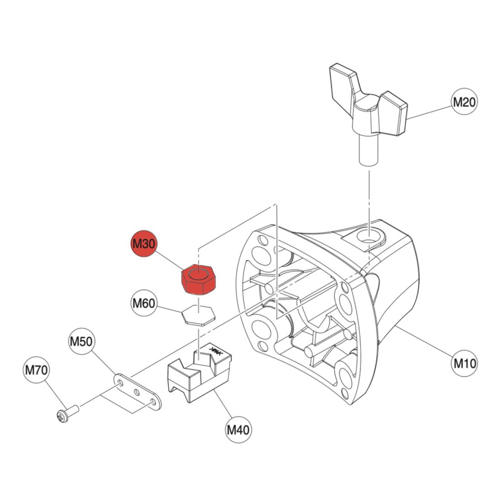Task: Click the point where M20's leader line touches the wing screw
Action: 407,119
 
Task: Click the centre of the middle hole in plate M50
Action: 137,392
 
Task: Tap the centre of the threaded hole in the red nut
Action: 198,274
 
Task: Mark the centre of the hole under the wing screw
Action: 369,237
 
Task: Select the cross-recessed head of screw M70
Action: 62,417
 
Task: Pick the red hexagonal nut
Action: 198,279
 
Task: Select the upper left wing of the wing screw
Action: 343,83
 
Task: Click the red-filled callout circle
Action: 144,243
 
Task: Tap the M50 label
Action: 82,341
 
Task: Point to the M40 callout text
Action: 238,429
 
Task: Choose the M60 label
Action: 144,303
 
